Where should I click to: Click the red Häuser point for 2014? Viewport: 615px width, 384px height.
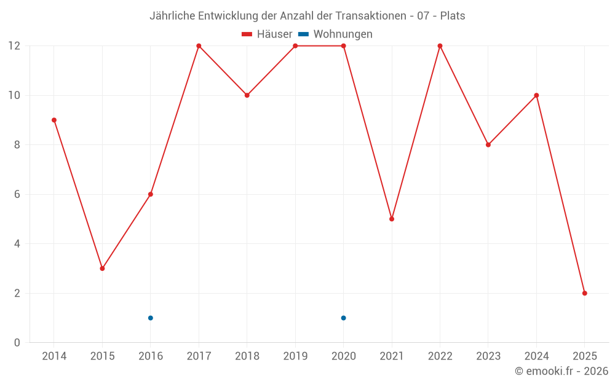coord(54,120)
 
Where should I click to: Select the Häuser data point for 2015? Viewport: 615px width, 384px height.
coord(102,268)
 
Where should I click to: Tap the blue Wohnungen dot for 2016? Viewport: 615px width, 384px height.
coord(151,318)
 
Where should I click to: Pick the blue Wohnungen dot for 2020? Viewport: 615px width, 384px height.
coord(343,318)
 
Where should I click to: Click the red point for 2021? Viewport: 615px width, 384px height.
coord(392,219)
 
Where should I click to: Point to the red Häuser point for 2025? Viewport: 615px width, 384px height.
coord(584,293)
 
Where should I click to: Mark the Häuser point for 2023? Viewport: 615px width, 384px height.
coord(488,145)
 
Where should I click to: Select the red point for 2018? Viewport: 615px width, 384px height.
coord(247,95)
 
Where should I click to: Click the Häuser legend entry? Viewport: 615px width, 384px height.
coord(267,34)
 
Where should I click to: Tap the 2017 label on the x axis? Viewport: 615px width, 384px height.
coord(199,356)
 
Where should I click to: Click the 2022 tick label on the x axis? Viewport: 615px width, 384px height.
coord(440,356)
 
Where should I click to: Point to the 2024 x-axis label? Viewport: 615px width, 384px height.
coord(536,356)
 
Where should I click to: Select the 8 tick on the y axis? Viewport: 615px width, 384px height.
coord(17,145)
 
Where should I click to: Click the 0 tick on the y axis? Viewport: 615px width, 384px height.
coord(17,343)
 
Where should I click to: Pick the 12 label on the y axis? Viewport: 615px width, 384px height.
coord(14,46)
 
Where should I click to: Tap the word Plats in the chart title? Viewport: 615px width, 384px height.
coord(453,16)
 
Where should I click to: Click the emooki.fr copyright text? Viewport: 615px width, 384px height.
coord(561,371)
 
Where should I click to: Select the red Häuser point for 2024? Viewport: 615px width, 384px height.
coord(536,95)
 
